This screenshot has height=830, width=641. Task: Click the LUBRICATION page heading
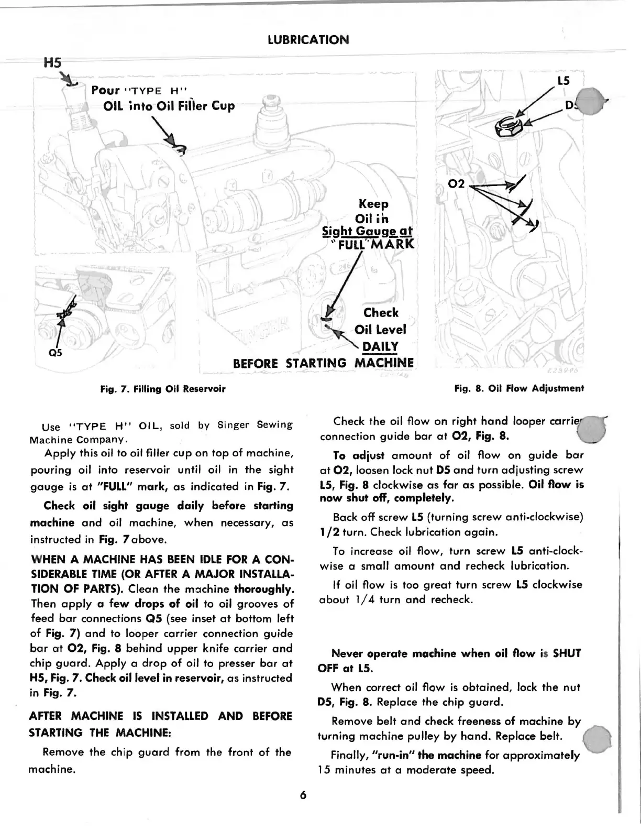[x=308, y=40]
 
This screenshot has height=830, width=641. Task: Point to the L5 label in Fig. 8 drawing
[x=563, y=81]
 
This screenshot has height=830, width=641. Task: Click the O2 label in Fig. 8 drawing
[x=457, y=184]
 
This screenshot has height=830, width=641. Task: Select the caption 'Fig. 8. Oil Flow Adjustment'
[x=519, y=389]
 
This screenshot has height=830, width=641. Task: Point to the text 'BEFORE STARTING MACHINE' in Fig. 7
[x=323, y=363]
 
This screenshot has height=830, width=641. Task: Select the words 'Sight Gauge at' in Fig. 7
[x=367, y=231]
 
